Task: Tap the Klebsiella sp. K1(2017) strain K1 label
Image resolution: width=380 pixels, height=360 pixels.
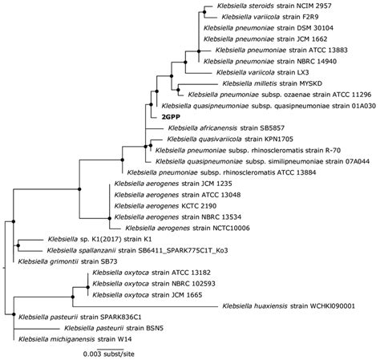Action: pos(91,239)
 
